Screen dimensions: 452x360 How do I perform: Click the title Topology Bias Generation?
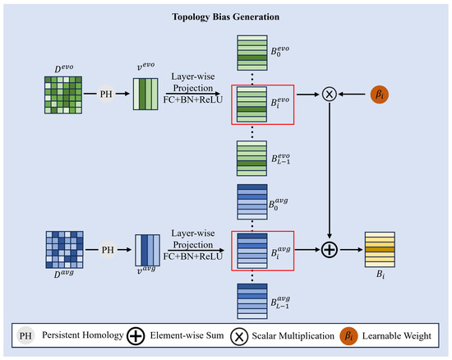tap(226, 16)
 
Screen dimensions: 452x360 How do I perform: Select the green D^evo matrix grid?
tap(63, 95)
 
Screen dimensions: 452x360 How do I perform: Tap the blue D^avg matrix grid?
tap(65, 250)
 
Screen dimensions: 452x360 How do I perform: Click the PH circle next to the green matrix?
tap(106, 94)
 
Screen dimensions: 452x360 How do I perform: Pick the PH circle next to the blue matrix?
tap(108, 250)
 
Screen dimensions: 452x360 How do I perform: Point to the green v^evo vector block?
tap(145, 94)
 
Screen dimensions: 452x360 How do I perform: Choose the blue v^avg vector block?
tap(148, 250)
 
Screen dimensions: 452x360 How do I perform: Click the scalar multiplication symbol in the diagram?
tap(330, 94)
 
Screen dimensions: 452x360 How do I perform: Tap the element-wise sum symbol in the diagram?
tap(330, 250)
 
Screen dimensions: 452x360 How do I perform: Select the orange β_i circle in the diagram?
tap(380, 95)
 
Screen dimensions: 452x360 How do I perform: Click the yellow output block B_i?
tap(380, 250)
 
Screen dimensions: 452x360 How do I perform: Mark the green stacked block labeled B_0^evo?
tap(252, 53)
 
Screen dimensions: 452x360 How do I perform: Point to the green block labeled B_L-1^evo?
tap(252, 159)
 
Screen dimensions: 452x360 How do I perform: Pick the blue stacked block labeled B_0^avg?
tap(252, 201)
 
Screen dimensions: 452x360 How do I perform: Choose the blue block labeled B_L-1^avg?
tap(252, 301)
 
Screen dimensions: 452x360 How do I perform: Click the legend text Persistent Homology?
tap(83, 335)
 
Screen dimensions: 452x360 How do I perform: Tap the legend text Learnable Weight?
tap(397, 336)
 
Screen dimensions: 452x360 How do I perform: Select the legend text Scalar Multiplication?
tap(293, 336)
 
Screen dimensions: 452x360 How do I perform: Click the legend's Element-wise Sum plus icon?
tap(136, 336)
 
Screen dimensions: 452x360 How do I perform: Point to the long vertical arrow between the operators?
tap(330, 170)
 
